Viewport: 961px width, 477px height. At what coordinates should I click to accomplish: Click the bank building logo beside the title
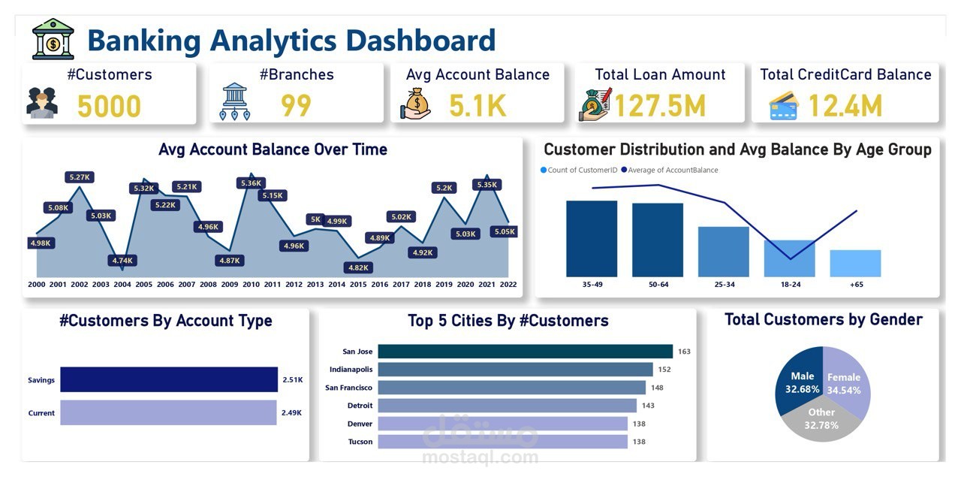click(x=53, y=39)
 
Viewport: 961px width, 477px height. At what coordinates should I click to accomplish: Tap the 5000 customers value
click(x=109, y=106)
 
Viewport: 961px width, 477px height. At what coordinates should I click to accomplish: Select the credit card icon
click(x=784, y=106)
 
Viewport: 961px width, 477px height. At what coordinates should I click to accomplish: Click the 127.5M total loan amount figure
click(x=660, y=106)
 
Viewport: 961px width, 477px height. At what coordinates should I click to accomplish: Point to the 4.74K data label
click(x=122, y=260)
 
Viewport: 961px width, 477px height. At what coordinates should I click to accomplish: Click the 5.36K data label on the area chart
click(x=251, y=183)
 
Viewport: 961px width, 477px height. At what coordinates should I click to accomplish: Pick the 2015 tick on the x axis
click(x=358, y=284)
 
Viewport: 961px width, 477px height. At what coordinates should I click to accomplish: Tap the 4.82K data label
click(x=358, y=267)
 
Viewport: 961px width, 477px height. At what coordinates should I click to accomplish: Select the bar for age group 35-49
click(x=592, y=239)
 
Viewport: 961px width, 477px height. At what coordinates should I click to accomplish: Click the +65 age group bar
click(x=855, y=263)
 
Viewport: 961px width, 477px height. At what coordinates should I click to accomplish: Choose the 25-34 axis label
click(x=725, y=284)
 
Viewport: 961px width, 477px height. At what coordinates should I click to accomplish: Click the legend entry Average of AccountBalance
click(x=670, y=170)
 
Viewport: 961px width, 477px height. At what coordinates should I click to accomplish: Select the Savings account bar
click(x=169, y=379)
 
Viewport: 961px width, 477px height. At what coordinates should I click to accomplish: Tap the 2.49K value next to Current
click(x=292, y=412)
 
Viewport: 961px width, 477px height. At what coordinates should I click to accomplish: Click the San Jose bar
click(x=526, y=352)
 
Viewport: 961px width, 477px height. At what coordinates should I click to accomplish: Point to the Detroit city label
click(x=360, y=406)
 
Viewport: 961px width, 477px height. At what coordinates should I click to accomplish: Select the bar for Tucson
click(x=503, y=442)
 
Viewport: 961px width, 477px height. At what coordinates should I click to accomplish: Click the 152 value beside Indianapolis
click(x=664, y=370)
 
